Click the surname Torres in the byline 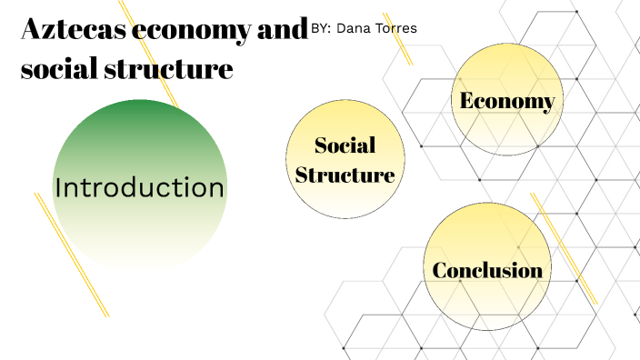pos(397,29)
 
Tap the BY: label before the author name pos(321,29)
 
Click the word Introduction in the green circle pos(139,188)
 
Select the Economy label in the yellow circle pos(507,100)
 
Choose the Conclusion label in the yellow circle pos(487,270)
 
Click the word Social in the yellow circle pos(345,145)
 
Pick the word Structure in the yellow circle pos(345,175)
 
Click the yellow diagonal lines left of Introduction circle pos(71,255)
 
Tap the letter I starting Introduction pos(58,188)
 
